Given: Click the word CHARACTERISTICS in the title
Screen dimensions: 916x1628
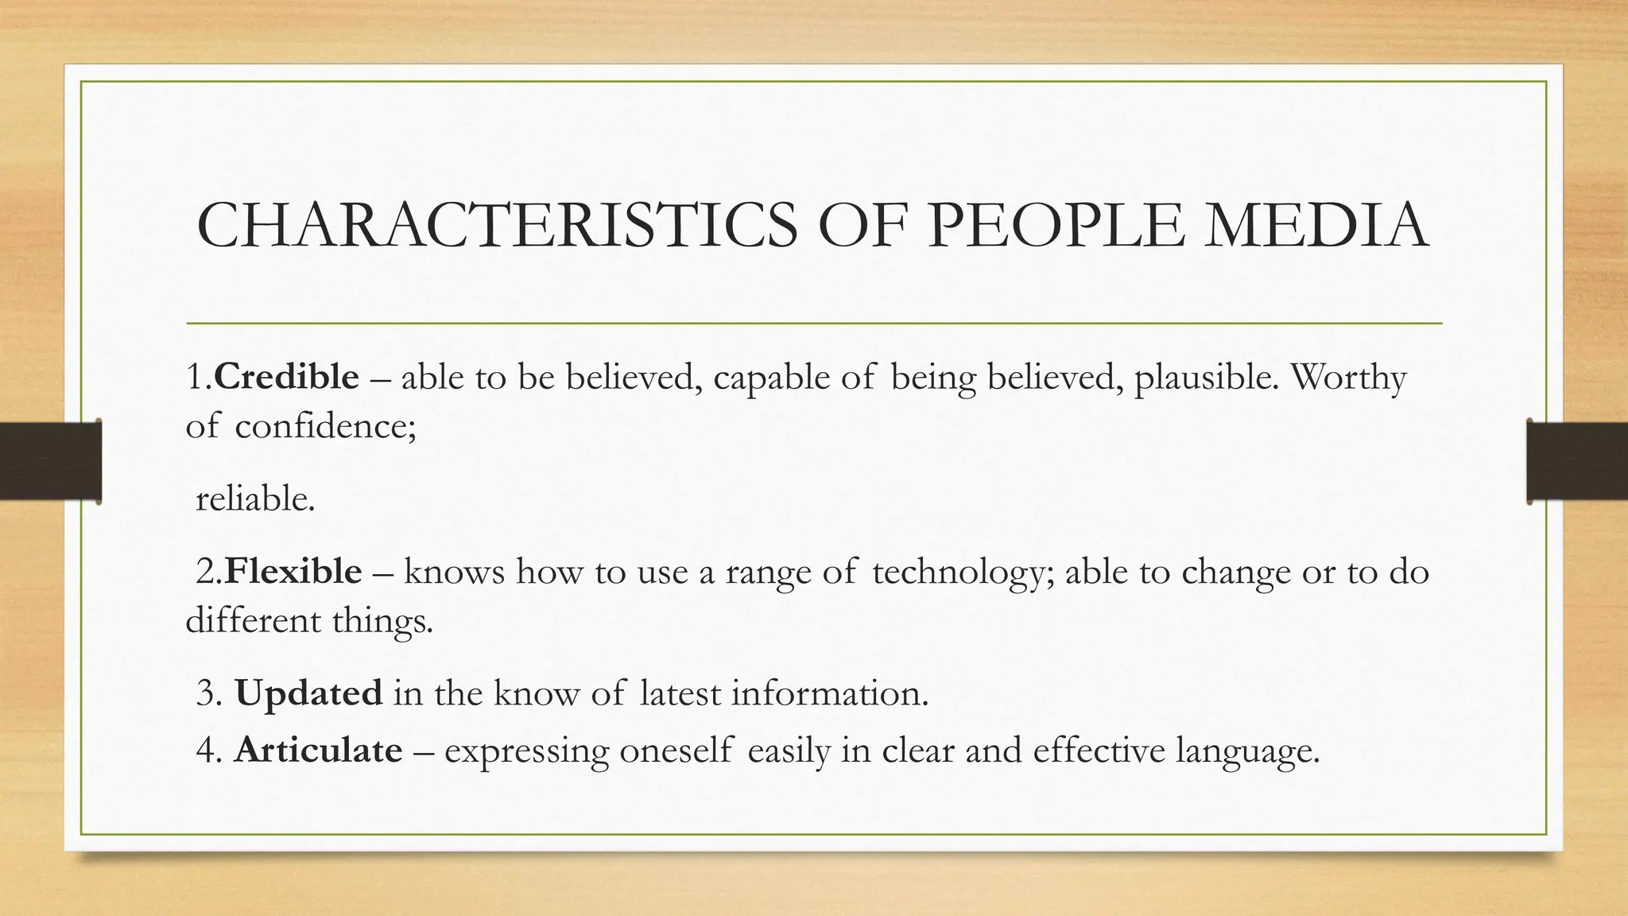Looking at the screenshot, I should coord(497,225).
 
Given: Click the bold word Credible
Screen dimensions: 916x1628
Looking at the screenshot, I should coord(286,377).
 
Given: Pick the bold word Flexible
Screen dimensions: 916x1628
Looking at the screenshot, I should coord(293,572).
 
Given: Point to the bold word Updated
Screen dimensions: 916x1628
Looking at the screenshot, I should coord(308,693).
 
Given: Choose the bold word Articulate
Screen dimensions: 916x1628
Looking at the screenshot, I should coord(318,750).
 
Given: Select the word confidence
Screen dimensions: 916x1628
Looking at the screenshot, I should coord(324,426).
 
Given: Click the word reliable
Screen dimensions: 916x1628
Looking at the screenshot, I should coord(254,499).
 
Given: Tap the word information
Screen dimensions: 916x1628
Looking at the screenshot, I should coord(829,693).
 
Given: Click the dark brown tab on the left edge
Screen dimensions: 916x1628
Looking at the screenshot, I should coord(50,461).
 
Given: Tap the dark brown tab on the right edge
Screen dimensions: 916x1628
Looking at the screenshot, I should coord(1577,461).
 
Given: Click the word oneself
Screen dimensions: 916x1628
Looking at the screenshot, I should coord(676,750).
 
